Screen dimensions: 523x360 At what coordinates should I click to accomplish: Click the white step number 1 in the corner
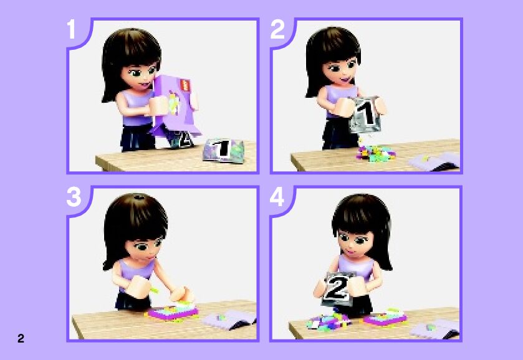click(71, 29)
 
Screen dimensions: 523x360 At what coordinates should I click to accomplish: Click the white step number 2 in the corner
click(277, 29)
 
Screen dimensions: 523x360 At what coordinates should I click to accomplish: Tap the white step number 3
click(74, 197)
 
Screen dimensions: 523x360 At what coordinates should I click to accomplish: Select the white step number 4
click(277, 197)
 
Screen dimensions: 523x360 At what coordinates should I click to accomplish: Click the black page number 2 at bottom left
click(21, 338)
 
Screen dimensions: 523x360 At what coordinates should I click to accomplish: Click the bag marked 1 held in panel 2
click(365, 115)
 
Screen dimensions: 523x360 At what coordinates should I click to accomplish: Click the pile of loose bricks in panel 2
click(375, 154)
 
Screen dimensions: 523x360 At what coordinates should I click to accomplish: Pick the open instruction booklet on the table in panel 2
click(434, 162)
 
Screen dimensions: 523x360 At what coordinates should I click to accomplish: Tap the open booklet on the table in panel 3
click(229, 320)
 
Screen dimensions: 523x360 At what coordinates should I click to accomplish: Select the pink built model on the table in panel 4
click(385, 317)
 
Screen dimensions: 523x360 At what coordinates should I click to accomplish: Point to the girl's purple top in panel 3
click(135, 272)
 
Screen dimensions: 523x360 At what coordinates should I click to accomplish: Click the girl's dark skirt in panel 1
click(137, 136)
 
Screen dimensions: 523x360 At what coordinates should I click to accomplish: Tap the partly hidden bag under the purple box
click(182, 140)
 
